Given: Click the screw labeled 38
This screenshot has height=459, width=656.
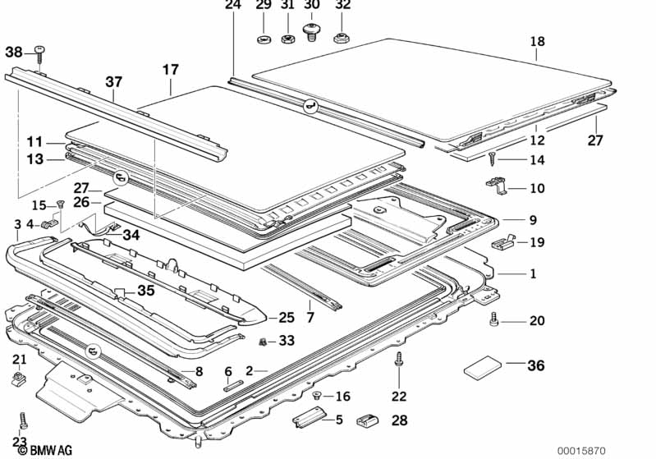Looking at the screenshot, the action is pos(39,54).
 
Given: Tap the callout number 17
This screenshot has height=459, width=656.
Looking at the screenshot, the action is pos(171,70).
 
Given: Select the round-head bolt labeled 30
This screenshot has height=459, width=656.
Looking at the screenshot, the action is pos(311,32).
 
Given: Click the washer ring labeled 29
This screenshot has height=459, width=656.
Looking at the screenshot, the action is pos(264,39).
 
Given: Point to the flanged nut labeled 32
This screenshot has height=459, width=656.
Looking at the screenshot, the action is pos(342,39).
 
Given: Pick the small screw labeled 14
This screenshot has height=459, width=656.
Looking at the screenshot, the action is pos(492,159).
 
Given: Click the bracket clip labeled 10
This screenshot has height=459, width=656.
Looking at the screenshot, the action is pos(497,186).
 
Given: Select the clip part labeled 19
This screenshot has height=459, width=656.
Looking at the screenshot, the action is pos(504,243).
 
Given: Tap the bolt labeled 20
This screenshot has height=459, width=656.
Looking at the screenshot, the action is pos(493,319).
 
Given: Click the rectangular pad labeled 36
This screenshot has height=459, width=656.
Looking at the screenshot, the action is pos(483,367).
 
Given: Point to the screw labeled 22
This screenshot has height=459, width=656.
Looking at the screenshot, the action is pos(398,360).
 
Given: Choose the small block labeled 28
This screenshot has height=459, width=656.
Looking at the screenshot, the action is pos(367,420).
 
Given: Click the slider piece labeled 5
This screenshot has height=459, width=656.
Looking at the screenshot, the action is pos(310,417).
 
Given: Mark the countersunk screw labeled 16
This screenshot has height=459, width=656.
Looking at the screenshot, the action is pos(317,395).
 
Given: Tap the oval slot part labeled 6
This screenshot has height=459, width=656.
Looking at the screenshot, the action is pos(232,386).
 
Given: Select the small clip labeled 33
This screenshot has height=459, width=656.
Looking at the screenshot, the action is pos(263,342).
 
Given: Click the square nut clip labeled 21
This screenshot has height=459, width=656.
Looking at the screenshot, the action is pos(18,379).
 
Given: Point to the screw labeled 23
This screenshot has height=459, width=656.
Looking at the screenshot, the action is pos(24,420).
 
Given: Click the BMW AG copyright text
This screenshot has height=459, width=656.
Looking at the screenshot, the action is pos(45,450).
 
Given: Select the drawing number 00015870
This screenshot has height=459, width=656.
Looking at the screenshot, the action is pos(581,451).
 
